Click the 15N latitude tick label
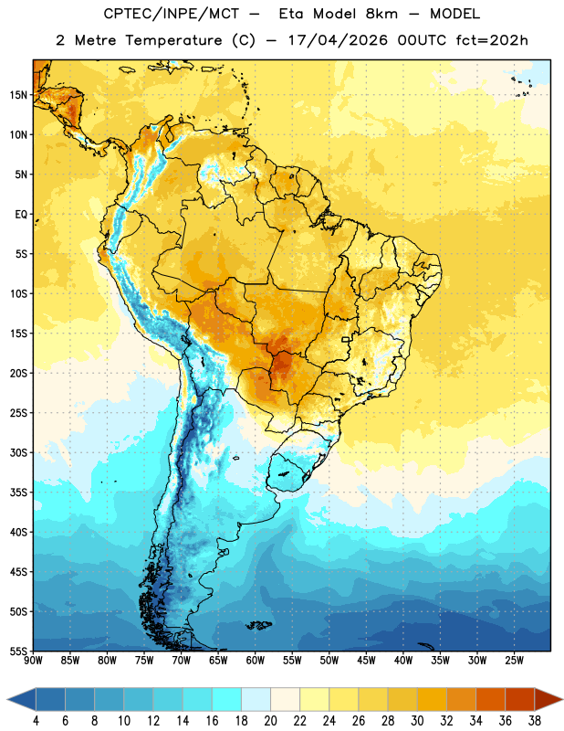tap(18, 95)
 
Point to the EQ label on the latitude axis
tap(21, 215)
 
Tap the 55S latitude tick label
tap(18, 651)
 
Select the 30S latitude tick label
tap(18, 452)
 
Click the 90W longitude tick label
tap(33, 660)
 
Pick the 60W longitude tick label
tap(256, 660)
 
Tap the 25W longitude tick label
tap(514, 660)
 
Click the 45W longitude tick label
tap(367, 660)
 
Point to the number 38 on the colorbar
tap(535, 721)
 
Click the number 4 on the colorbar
tap(36, 721)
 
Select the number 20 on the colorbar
tap(270, 721)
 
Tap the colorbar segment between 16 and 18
tap(227, 700)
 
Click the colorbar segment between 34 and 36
tap(491, 700)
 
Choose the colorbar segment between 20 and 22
tap(285, 700)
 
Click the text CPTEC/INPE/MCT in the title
tap(171, 14)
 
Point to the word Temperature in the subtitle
tap(173, 40)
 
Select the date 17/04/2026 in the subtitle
tap(338, 40)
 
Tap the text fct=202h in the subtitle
tap(492, 40)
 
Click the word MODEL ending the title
tap(454, 14)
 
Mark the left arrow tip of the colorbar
tap(7, 700)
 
